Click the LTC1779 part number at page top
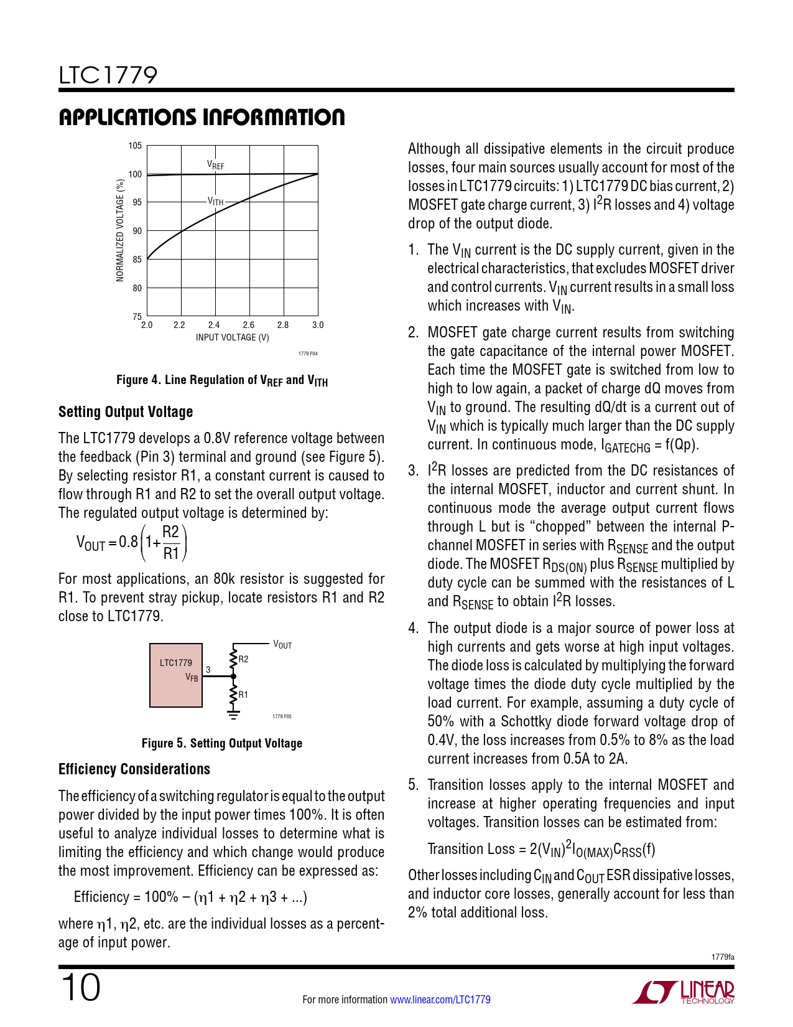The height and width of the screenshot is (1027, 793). [x=108, y=75]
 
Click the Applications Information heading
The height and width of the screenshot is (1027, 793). [x=202, y=117]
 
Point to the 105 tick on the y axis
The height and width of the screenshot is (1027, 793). [x=135, y=146]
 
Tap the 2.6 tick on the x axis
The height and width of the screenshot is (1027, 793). [x=249, y=325]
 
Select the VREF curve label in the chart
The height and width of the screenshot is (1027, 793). [x=215, y=165]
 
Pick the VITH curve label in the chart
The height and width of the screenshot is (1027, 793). [x=215, y=202]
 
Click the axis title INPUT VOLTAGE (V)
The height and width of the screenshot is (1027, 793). [x=233, y=337]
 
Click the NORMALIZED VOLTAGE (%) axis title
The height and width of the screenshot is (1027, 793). [x=120, y=230]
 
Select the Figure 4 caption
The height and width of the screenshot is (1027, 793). [x=222, y=380]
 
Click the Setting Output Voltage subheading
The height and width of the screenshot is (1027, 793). [x=126, y=412]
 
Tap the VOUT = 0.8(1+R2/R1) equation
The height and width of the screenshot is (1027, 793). [x=132, y=543]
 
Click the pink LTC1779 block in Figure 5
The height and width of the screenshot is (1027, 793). [x=176, y=675]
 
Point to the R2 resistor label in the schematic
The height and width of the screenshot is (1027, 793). [x=244, y=659]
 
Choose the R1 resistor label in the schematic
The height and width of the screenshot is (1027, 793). [x=244, y=694]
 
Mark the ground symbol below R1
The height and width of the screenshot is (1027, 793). [x=233, y=714]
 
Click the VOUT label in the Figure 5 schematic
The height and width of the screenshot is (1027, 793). [x=282, y=645]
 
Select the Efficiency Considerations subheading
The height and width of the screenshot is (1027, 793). [x=134, y=769]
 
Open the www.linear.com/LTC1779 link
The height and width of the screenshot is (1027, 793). [x=440, y=1000]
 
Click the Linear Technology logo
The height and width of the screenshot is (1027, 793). [x=684, y=992]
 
